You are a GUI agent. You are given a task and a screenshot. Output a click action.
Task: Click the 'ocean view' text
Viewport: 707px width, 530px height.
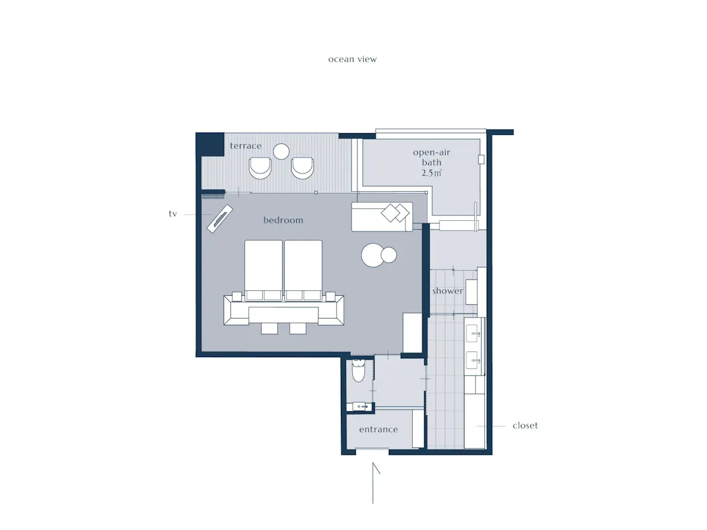352,59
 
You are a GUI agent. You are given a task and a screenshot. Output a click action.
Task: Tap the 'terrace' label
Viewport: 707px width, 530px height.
246,146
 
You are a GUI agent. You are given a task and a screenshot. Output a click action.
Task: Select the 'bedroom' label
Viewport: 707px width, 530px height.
283,220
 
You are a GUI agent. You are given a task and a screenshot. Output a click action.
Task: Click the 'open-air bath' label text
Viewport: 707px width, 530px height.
432,157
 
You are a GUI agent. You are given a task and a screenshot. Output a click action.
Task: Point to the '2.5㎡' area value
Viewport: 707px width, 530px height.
432,173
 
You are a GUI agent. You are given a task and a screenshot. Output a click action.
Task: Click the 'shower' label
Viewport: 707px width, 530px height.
448,291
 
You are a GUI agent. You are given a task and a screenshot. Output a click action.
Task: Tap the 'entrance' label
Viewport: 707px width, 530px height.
378,430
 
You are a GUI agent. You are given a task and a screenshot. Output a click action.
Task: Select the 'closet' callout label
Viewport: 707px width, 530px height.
525,425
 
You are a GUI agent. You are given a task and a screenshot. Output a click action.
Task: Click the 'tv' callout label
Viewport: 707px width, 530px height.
173,214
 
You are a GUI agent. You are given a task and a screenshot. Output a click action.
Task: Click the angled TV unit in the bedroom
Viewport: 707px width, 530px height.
220,219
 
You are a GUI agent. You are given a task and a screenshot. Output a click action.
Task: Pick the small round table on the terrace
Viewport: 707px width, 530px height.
282,151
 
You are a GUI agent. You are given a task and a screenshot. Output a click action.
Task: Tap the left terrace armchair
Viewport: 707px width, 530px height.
260,168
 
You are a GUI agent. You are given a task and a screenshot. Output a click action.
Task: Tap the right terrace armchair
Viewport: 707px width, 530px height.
302,168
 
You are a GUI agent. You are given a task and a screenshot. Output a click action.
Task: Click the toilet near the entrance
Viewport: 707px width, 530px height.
359,370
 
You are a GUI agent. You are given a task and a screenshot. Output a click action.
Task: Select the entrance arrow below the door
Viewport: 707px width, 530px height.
374,483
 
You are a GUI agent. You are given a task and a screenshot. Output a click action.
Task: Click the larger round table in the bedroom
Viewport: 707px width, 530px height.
373,255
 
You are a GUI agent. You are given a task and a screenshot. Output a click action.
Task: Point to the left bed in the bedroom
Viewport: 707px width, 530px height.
263,270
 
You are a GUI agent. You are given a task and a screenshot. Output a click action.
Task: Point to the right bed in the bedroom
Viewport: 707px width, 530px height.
303,270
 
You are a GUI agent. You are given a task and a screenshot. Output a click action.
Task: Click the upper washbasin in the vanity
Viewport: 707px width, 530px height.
472,334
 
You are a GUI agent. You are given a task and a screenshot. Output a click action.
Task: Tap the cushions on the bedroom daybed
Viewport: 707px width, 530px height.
395,213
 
